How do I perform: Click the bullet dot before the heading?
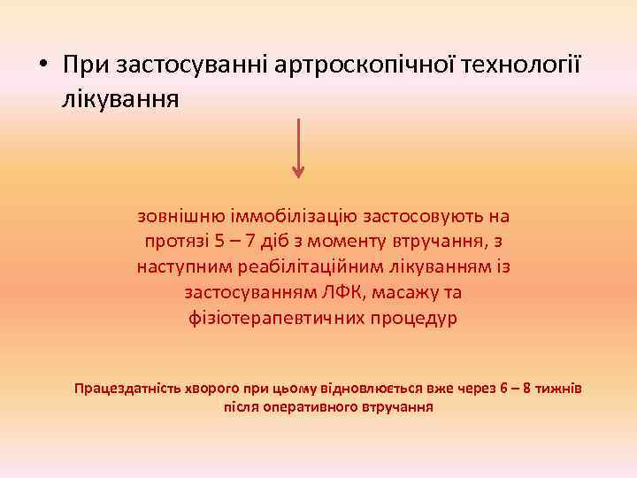click(x=42, y=67)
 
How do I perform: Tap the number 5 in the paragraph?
click(x=219, y=241)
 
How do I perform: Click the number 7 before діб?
click(x=254, y=241)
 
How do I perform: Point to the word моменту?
click(x=344, y=241)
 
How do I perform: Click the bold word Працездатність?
click(x=126, y=389)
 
